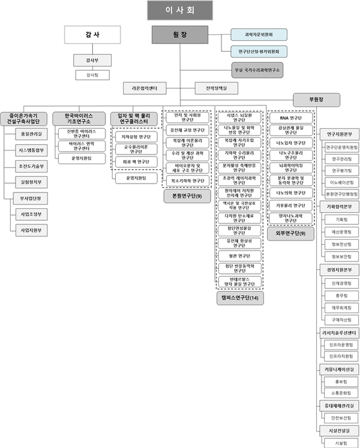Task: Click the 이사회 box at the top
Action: [179, 10]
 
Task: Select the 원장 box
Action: [179, 35]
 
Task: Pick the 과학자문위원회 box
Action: [259, 35]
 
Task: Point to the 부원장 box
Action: [316, 100]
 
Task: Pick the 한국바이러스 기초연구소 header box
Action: [79, 118]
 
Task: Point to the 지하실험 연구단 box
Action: [135, 136]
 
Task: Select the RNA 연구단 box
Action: [289, 118]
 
